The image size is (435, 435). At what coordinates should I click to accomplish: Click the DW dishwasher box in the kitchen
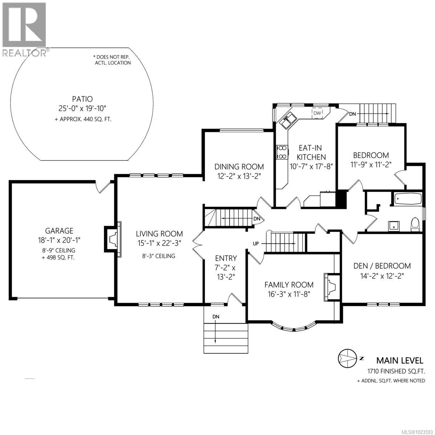317,113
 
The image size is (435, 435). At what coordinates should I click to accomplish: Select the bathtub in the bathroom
407,199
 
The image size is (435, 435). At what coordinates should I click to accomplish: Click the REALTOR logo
24,29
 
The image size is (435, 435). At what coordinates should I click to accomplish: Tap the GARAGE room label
59,231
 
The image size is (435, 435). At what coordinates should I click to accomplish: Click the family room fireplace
332,287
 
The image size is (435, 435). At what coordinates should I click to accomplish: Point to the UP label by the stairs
256,244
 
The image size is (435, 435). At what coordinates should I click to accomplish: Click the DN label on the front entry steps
216,316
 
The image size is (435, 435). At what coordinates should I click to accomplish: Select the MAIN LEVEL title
399,360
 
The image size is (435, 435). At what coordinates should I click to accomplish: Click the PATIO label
82,99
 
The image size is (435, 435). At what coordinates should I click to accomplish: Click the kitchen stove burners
281,152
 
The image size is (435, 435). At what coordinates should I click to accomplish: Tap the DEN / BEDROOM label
382,266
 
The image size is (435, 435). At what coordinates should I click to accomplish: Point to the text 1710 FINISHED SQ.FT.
395,371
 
